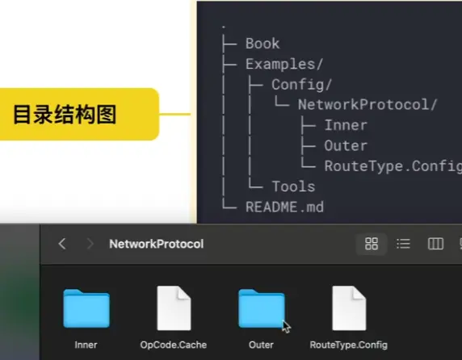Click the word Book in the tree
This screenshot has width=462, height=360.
point(262,44)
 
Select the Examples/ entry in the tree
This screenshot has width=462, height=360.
point(284,64)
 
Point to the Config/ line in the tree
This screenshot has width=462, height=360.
point(302,85)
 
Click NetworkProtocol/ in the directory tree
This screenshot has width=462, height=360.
point(367,105)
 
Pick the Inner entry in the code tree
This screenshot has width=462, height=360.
point(346,125)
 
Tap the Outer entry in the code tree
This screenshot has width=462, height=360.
point(346,146)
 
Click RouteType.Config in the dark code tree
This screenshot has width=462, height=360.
point(393,166)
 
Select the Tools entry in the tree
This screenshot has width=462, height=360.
point(293,186)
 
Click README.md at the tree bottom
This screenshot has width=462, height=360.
point(284,207)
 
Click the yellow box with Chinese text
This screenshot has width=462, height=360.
point(79,114)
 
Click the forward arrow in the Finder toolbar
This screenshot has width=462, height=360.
point(90,244)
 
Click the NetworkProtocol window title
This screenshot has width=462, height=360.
point(157,244)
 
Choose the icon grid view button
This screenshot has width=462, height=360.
point(372,244)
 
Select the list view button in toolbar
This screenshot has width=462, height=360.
point(403,244)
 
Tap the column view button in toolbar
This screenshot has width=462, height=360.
point(435,244)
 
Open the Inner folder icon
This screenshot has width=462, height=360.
point(86,308)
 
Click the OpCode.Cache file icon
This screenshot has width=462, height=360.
point(174,308)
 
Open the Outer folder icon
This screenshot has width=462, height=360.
point(262,308)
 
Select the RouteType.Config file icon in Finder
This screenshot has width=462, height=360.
point(349,308)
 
